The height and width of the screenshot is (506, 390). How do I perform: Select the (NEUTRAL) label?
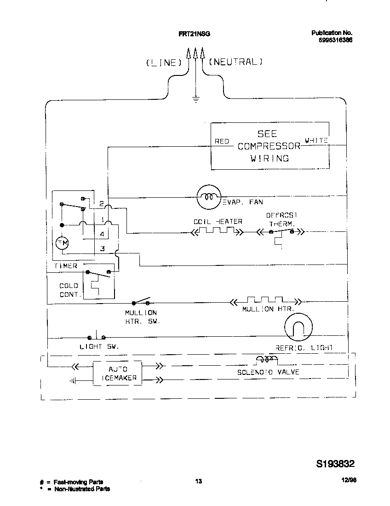coord(235,62)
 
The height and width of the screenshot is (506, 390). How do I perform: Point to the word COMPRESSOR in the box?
coord(269,146)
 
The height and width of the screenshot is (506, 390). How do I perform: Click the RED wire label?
coord(222,141)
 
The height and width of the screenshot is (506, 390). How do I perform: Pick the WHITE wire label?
coord(316,140)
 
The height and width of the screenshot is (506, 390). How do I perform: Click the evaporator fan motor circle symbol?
coord(209,197)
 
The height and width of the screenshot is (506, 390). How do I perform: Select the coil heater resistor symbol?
coord(217,232)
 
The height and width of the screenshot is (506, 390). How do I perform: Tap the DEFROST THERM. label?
coord(281,219)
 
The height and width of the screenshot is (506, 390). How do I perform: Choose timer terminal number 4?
coord(102,234)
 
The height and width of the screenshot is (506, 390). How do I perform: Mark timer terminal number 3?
coord(102,249)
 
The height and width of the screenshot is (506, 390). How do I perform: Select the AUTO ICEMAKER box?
coord(117,374)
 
